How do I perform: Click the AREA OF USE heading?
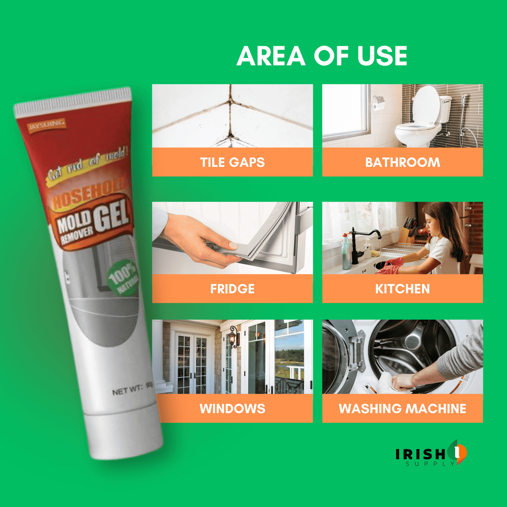point(322,56)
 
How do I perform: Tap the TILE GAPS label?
point(232,162)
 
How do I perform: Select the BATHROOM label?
point(402,162)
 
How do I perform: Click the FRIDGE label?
point(232,289)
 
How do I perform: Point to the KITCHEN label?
point(402,289)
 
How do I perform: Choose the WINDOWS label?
point(232,408)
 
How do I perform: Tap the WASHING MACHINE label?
point(402,408)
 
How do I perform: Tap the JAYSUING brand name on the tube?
point(47,125)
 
